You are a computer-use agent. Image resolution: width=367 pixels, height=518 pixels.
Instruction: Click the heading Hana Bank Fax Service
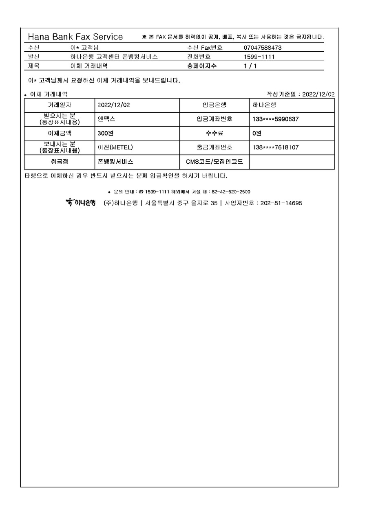[75, 37]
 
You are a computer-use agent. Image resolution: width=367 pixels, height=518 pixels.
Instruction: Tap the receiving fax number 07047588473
[263, 48]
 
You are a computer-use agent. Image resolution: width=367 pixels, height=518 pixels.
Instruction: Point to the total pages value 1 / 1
[250, 66]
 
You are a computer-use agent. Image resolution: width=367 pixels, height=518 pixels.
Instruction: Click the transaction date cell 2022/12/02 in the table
[114, 105]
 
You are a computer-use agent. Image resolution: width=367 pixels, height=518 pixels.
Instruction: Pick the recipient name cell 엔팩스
[107, 119]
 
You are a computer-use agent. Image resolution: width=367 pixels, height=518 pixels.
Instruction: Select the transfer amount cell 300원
[105, 133]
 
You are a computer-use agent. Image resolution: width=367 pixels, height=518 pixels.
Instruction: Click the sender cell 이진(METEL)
[115, 147]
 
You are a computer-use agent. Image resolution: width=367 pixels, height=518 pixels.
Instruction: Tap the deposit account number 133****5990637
[275, 119]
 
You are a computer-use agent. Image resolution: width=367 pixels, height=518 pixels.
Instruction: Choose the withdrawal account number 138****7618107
[275, 147]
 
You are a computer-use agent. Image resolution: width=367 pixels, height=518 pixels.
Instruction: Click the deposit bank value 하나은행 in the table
[264, 105]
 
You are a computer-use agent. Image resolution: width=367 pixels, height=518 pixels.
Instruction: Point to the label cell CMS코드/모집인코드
[214, 162]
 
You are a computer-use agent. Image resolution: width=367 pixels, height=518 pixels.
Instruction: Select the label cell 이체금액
[60, 133]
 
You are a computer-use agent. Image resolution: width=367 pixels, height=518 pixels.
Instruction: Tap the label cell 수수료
[214, 133]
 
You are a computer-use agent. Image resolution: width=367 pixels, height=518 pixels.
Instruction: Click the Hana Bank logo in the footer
[80, 202]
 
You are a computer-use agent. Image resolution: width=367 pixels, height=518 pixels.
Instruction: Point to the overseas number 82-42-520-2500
[231, 191]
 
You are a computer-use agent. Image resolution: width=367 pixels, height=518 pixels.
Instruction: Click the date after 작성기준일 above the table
[318, 94]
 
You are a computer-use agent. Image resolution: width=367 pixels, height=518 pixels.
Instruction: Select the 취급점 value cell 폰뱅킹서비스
[115, 162]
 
